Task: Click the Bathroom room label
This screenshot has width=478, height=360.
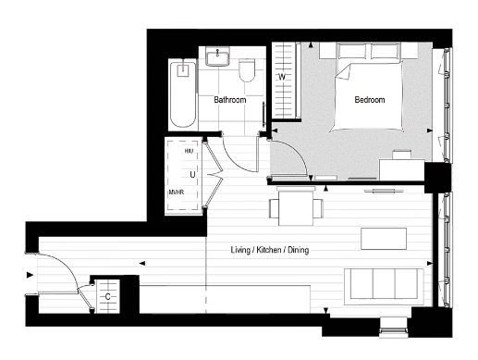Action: click(x=228, y=99)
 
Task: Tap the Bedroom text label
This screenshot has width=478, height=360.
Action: click(x=370, y=99)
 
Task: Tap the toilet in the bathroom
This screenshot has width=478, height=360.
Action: click(x=247, y=71)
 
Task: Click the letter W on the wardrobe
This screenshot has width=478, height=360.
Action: click(x=282, y=78)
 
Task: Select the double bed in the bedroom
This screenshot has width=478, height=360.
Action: click(x=367, y=88)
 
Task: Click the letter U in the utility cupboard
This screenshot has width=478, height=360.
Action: click(x=192, y=172)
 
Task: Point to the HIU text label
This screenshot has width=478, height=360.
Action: click(x=188, y=151)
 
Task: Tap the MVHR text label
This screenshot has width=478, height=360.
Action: click(x=178, y=192)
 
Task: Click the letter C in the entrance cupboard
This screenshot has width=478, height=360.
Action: click(x=108, y=296)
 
